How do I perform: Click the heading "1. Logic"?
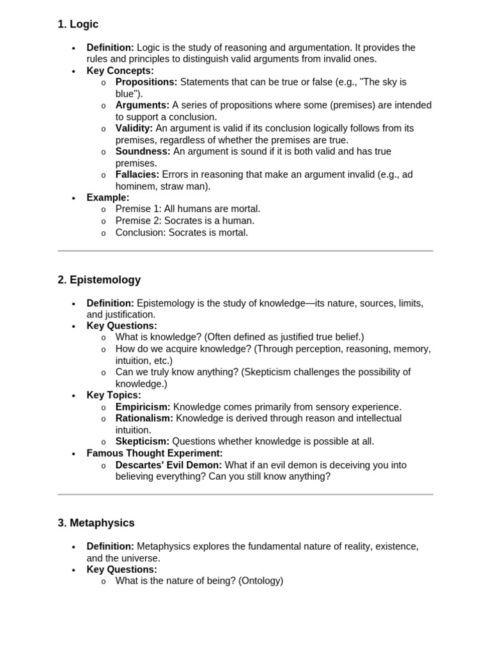pyautogui.click(x=78, y=24)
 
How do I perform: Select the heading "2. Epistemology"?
pyautogui.click(x=99, y=280)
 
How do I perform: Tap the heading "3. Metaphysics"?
pyautogui.click(x=96, y=522)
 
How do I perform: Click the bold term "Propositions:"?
pyautogui.click(x=146, y=82)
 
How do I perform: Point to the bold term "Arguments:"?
pyautogui.click(x=143, y=105)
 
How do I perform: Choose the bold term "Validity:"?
pyautogui.click(x=134, y=128)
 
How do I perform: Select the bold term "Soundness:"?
pyautogui.click(x=143, y=151)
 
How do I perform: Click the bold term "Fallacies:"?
pyautogui.click(x=137, y=174)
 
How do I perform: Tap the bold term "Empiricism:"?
pyautogui.click(x=143, y=407)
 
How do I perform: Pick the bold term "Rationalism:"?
pyautogui.click(x=144, y=418)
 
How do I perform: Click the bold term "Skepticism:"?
pyautogui.click(x=143, y=441)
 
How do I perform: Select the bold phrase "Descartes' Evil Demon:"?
pyautogui.click(x=169, y=465)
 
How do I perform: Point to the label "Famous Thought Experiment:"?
pyautogui.click(x=155, y=453)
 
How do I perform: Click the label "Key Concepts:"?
pyautogui.click(x=120, y=70)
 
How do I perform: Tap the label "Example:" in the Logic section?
pyautogui.click(x=108, y=197)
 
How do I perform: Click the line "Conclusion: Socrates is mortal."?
pyautogui.click(x=182, y=232)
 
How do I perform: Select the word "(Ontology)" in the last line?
pyautogui.click(x=261, y=581)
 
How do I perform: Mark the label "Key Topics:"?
pyautogui.click(x=114, y=395)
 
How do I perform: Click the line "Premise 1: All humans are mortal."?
pyautogui.click(x=188, y=209)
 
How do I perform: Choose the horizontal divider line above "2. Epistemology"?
pyautogui.click(x=245, y=251)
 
